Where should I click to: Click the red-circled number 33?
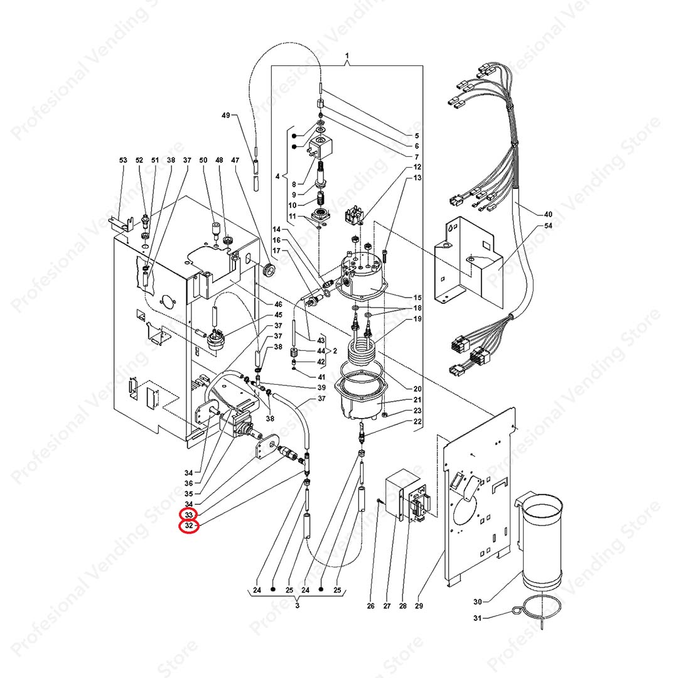(188, 514)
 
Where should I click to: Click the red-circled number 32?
(188, 526)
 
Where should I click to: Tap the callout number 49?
(227, 116)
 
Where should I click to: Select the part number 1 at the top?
(347, 57)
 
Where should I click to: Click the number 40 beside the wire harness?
(548, 214)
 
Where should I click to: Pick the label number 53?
(123, 161)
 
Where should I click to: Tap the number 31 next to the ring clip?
(478, 619)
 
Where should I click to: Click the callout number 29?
(419, 606)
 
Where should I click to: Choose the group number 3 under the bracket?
(297, 605)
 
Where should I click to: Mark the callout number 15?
(417, 298)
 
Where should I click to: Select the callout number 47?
(235, 161)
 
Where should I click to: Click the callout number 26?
(370, 606)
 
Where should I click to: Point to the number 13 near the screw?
(417, 178)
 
